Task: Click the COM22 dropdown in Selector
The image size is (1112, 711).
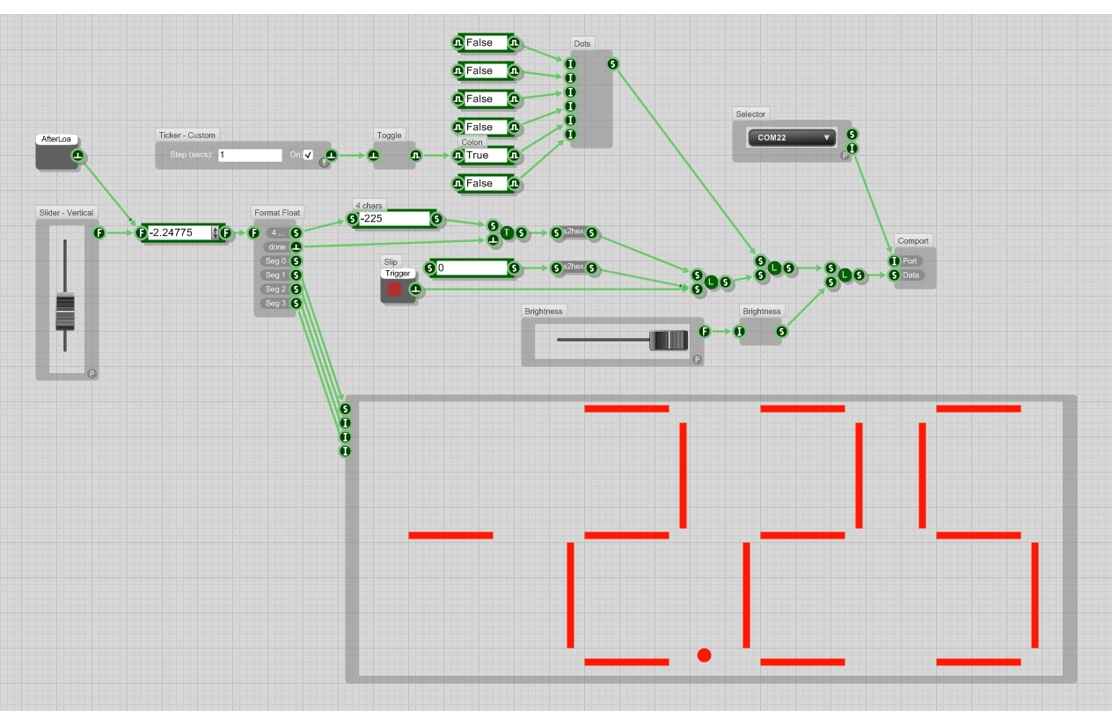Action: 792,137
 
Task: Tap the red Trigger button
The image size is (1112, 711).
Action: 395,290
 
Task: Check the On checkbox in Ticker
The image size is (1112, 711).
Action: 308,155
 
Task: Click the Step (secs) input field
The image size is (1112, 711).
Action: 250,155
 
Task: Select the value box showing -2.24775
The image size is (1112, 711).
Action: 179,232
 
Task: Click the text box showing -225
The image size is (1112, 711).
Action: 393,218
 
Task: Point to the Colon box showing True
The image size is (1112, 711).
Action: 485,156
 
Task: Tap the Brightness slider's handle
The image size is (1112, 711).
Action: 668,341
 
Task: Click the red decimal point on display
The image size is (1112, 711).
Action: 704,655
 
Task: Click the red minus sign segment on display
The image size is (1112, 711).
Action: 450,535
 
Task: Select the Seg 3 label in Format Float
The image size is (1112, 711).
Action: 275,303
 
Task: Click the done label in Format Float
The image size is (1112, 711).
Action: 277,246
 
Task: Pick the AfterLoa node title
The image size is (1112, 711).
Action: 56,139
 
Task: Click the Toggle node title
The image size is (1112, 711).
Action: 389,136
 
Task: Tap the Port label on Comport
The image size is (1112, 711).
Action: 911,260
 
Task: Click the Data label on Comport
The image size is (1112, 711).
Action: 911,275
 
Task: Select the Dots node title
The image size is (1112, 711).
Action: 582,43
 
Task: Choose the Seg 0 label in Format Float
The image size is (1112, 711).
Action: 275,260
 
